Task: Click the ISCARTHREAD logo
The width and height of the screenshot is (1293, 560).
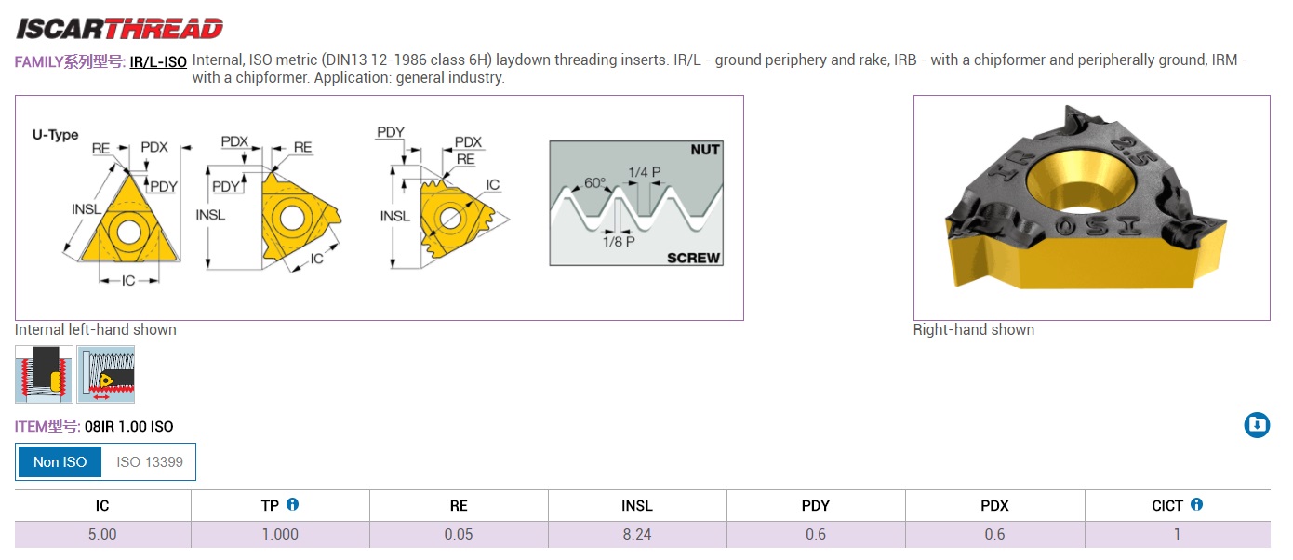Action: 119,29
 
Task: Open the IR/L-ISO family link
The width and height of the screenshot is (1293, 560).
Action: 158,61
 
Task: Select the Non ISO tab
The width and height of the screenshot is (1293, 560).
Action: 60,461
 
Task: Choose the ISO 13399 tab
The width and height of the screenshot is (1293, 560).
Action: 150,461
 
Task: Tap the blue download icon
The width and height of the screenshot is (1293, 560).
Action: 1257,425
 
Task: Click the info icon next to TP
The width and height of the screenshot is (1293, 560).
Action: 293,504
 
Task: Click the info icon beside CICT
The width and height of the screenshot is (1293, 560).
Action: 1196,504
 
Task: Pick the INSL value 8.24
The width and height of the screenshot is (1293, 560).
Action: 636,535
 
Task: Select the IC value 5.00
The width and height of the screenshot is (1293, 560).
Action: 102,535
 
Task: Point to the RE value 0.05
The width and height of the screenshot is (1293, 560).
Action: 459,535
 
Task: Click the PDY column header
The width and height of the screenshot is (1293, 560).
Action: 815,506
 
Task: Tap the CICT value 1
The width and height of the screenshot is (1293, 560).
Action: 1177,535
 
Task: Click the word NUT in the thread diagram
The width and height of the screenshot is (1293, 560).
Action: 705,150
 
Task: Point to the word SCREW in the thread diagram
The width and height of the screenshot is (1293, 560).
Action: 693,258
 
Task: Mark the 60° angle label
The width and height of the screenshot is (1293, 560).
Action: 595,182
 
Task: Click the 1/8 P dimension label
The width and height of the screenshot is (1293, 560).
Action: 619,241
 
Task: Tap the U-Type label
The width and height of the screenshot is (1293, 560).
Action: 56,135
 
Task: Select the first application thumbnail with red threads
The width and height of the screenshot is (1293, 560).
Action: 44,374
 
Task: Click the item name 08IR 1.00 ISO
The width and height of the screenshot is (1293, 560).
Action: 128,427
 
